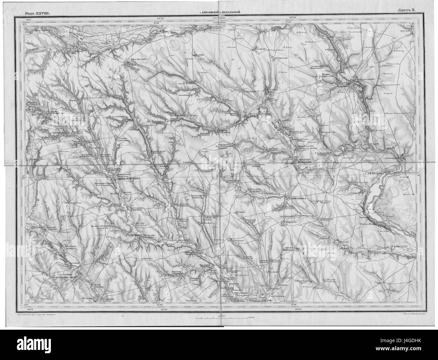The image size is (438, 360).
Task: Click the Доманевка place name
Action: click(x=296, y=198)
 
